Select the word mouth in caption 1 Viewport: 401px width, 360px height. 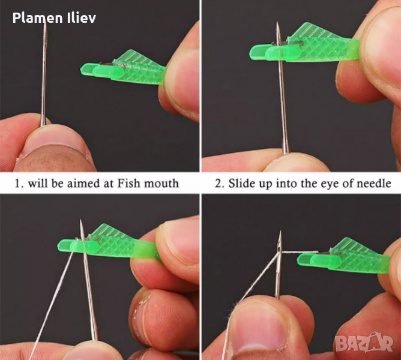(x=161, y=184)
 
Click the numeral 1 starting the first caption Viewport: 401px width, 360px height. (x=17, y=184)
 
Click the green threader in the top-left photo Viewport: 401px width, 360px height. (x=122, y=68)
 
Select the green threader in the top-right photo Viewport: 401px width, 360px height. (x=304, y=46)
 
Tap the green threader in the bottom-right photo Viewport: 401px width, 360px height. (x=344, y=257)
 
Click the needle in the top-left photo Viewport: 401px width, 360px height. (x=44, y=74)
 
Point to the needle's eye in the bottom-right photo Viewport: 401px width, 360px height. (x=279, y=248)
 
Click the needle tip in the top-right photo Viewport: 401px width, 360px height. (x=277, y=23)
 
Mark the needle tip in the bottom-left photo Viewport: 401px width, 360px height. (x=81, y=220)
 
